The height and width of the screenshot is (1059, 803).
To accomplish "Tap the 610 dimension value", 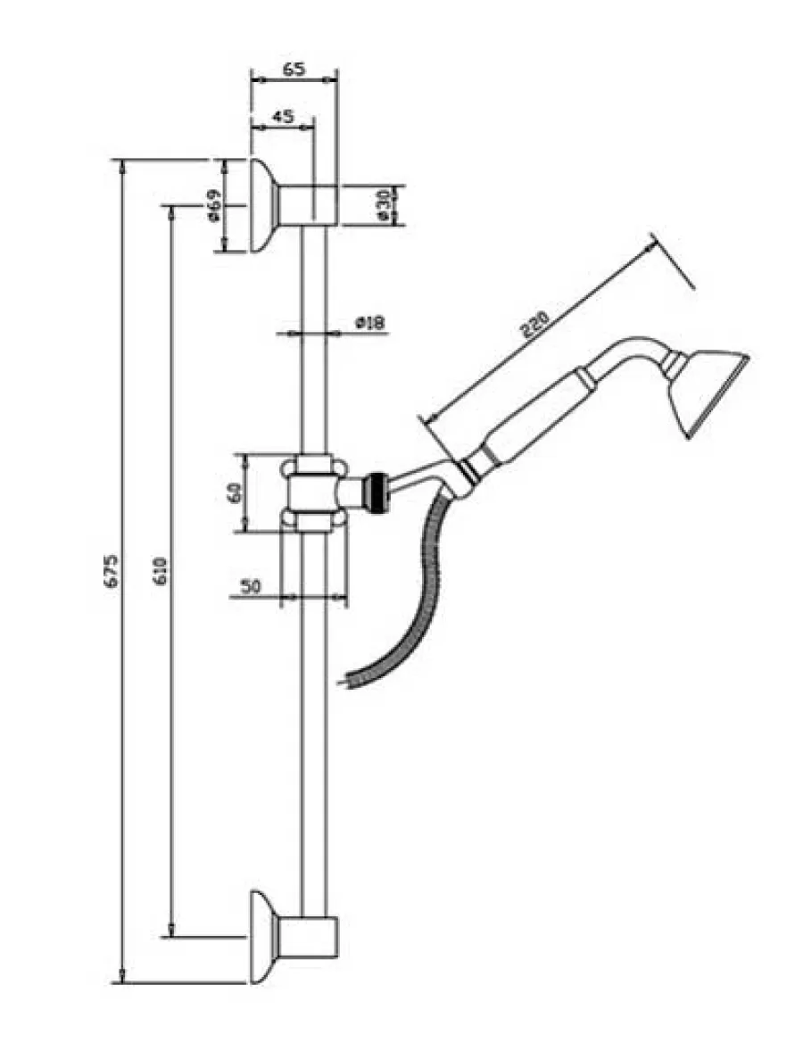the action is pyautogui.click(x=160, y=570).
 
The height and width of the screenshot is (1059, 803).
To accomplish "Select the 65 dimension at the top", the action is pyautogui.click(x=294, y=69).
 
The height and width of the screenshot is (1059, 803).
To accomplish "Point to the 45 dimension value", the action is pyautogui.click(x=282, y=116).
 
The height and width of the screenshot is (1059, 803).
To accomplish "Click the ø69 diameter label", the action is pyautogui.click(x=212, y=205).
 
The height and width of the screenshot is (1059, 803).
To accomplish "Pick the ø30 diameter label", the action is pyautogui.click(x=382, y=204).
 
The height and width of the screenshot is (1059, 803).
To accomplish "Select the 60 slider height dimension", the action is pyautogui.click(x=235, y=493).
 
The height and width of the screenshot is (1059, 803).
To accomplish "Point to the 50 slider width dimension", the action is pyautogui.click(x=250, y=586).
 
